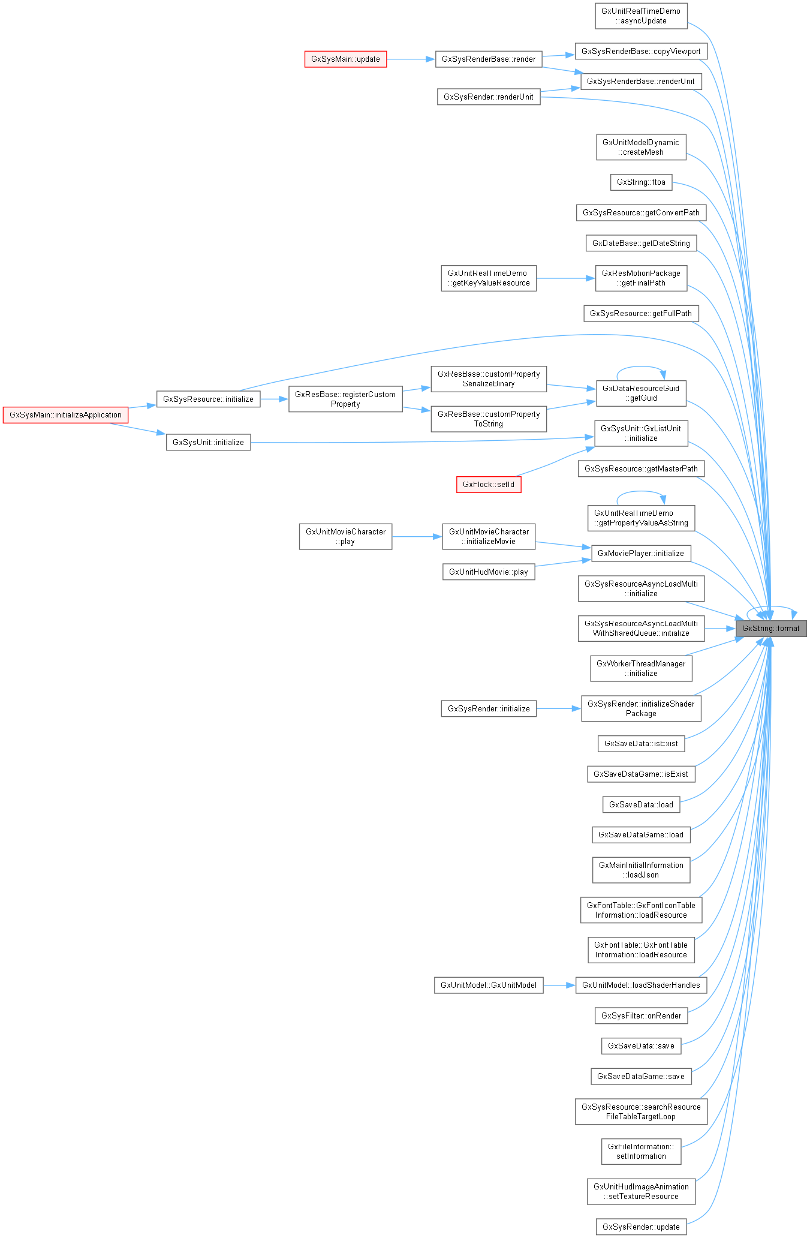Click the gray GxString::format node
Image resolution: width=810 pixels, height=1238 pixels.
[771, 629]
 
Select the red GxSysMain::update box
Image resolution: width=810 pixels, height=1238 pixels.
[345, 59]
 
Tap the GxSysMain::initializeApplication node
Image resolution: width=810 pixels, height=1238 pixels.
[65, 415]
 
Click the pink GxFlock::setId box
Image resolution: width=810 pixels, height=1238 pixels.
[489, 485]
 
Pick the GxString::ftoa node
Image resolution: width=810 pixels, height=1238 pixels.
[641, 182]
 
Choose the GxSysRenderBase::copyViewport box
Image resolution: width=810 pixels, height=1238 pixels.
[641, 52]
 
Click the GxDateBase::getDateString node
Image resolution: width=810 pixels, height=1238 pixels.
[641, 244]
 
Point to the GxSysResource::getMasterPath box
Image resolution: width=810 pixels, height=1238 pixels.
[641, 469]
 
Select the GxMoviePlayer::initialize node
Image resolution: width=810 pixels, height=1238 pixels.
[641, 554]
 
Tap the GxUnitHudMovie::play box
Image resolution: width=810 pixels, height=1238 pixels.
[489, 572]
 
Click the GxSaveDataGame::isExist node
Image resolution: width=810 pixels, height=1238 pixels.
[641, 774]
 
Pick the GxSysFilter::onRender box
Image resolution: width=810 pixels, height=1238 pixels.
[641, 1016]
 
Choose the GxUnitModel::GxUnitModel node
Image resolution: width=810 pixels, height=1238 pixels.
[489, 985]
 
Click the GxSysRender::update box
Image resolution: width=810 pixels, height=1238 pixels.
[641, 1227]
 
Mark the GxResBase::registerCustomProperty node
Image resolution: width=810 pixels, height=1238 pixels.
[345, 399]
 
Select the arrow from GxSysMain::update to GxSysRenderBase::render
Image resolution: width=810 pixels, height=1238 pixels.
[411, 59]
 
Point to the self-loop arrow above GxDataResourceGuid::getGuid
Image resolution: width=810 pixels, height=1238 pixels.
[641, 367]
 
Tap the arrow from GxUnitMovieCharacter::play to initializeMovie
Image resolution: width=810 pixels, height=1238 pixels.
[417, 537]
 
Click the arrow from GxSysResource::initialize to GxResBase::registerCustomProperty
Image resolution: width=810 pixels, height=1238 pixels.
[275, 399]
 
